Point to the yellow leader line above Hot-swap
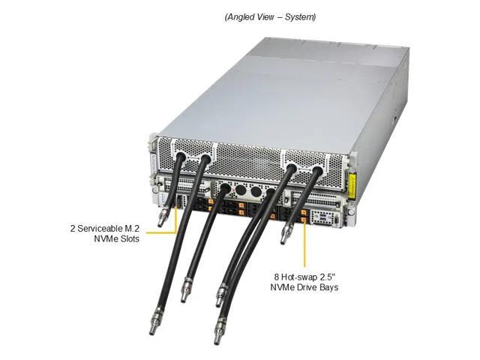306,247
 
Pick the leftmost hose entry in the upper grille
180,158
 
